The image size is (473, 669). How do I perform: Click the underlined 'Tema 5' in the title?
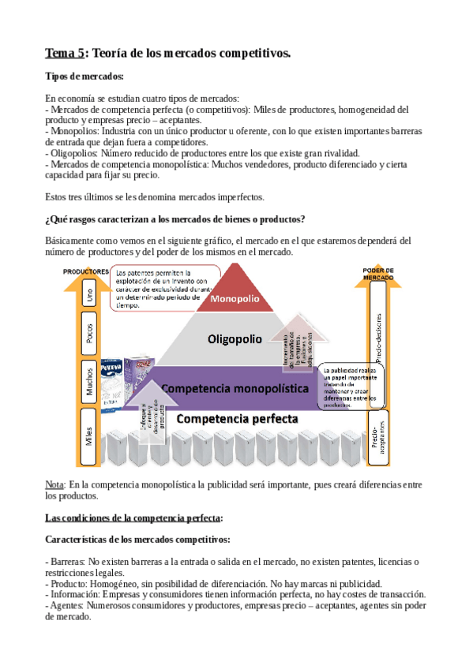pos(63,53)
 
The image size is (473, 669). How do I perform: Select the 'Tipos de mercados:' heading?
pos(84,77)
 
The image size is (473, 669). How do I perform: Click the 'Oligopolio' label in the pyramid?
pos(234,339)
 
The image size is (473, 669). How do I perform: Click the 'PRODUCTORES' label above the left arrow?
pos(86,271)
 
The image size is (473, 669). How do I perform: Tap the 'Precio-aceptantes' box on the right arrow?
pos(380,433)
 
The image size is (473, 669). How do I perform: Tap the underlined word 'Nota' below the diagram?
pos(54,484)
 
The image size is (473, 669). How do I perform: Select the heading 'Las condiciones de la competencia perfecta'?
pos(134,518)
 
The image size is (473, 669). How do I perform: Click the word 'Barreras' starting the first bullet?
pos(70,561)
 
